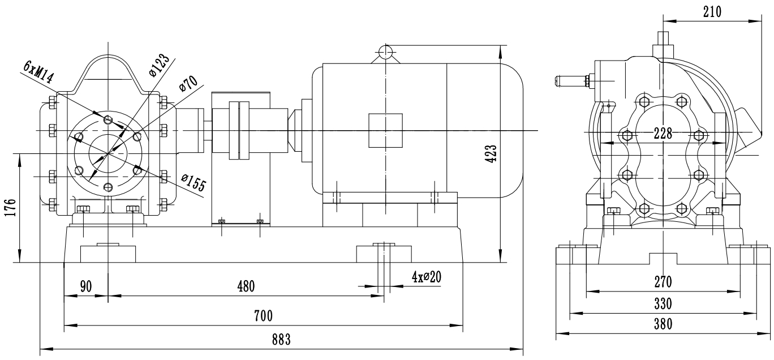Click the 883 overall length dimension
point(281,340)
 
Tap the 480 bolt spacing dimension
point(246,286)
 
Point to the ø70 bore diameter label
point(188,85)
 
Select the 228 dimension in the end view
point(662,134)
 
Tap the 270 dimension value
point(662,282)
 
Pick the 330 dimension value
point(662,304)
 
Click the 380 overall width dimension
point(662,324)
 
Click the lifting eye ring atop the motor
point(385,52)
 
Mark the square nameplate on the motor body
point(385,130)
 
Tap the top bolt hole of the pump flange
point(109,119)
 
